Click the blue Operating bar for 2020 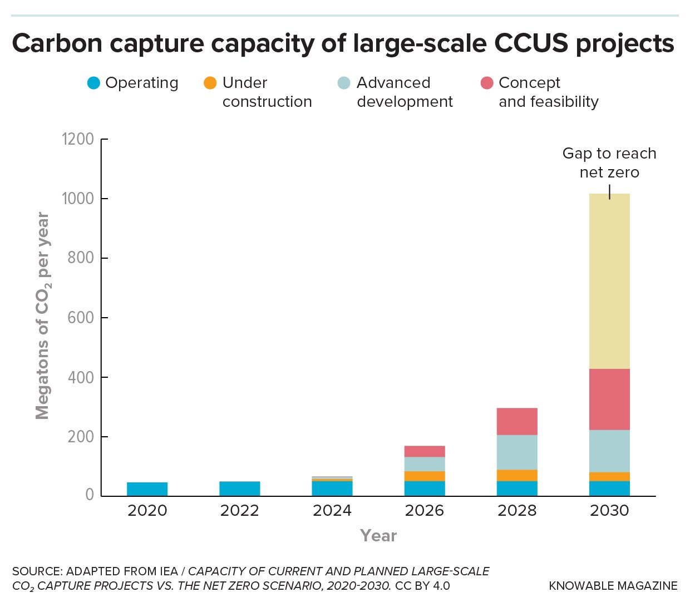tap(147, 489)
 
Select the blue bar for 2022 tap(239, 488)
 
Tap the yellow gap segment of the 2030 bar tap(609, 281)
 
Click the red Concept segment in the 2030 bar tap(609, 399)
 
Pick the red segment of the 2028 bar tap(517, 421)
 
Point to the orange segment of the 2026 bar tap(425, 476)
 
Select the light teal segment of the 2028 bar tap(517, 452)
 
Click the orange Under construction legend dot tap(210, 83)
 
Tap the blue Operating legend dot tap(93, 83)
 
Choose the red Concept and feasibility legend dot tap(487, 83)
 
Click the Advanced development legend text tap(405, 92)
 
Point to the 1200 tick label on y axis tap(78, 139)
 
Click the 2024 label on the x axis tap(332, 511)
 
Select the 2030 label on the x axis tap(609, 511)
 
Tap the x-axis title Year tap(378, 536)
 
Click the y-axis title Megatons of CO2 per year tap(43, 316)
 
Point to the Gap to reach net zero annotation tap(609, 162)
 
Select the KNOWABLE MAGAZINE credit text tap(613, 586)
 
